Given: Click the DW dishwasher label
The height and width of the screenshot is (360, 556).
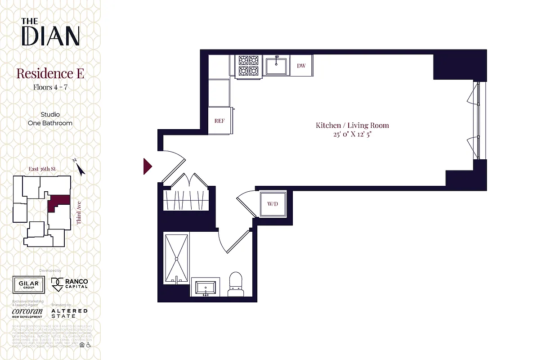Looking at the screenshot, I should (x=301, y=66).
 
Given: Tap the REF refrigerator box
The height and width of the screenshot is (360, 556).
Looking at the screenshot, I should (x=219, y=121).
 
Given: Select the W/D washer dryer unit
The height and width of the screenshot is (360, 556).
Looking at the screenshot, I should (x=273, y=204).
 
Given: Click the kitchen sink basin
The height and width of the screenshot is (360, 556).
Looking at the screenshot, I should (x=276, y=66).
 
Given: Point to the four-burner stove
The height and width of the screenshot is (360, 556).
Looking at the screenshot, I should (x=248, y=65).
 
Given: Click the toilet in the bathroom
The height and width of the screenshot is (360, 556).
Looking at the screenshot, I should (x=236, y=284).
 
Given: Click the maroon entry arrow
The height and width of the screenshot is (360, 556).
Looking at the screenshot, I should (x=148, y=166).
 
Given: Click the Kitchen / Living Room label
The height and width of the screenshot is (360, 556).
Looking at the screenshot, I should (x=352, y=125).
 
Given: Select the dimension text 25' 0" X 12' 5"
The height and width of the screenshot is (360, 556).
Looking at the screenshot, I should (x=352, y=134).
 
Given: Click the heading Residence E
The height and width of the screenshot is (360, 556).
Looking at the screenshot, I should (x=50, y=73).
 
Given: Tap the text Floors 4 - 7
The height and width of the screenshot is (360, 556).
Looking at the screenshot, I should (x=50, y=87).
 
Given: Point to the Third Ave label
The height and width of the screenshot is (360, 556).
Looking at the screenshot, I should (x=79, y=213).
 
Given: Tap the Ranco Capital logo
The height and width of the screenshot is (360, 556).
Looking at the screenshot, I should (x=70, y=284).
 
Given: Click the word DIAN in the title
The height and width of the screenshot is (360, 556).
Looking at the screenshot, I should (x=50, y=36).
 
